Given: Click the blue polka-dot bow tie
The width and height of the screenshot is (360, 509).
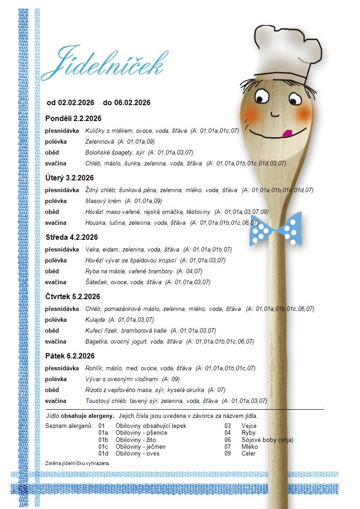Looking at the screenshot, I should tap(276, 228).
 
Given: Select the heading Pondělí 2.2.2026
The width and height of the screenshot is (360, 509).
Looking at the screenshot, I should tap(73, 119).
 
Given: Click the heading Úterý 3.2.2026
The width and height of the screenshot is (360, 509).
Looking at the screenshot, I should tap(69, 178).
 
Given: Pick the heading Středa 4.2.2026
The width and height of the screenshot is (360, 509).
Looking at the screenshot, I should tap(72, 238).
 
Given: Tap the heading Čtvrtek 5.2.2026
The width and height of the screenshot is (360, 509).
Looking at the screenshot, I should tap(73, 297).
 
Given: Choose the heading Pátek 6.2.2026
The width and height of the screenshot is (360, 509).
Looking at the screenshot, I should tap(70, 356).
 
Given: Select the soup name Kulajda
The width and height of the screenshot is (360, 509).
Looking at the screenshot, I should tap(96, 320).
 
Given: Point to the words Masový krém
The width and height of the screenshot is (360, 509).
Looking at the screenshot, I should tap(103, 201).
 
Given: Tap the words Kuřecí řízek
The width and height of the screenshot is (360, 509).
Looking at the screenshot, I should tap(102, 331).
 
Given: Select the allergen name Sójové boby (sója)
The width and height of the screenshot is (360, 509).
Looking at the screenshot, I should tap(268, 440).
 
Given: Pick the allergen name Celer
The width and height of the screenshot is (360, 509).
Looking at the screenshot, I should tap(248, 454).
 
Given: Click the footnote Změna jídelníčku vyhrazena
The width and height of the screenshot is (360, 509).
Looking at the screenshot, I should tap(78, 464).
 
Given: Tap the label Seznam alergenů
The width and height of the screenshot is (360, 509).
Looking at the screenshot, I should tap(69, 426).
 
